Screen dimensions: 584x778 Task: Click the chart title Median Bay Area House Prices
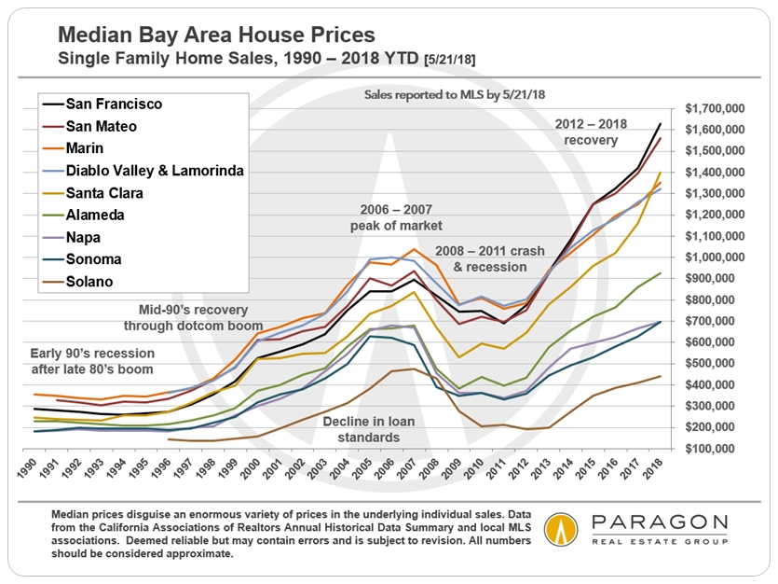tap(216, 35)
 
